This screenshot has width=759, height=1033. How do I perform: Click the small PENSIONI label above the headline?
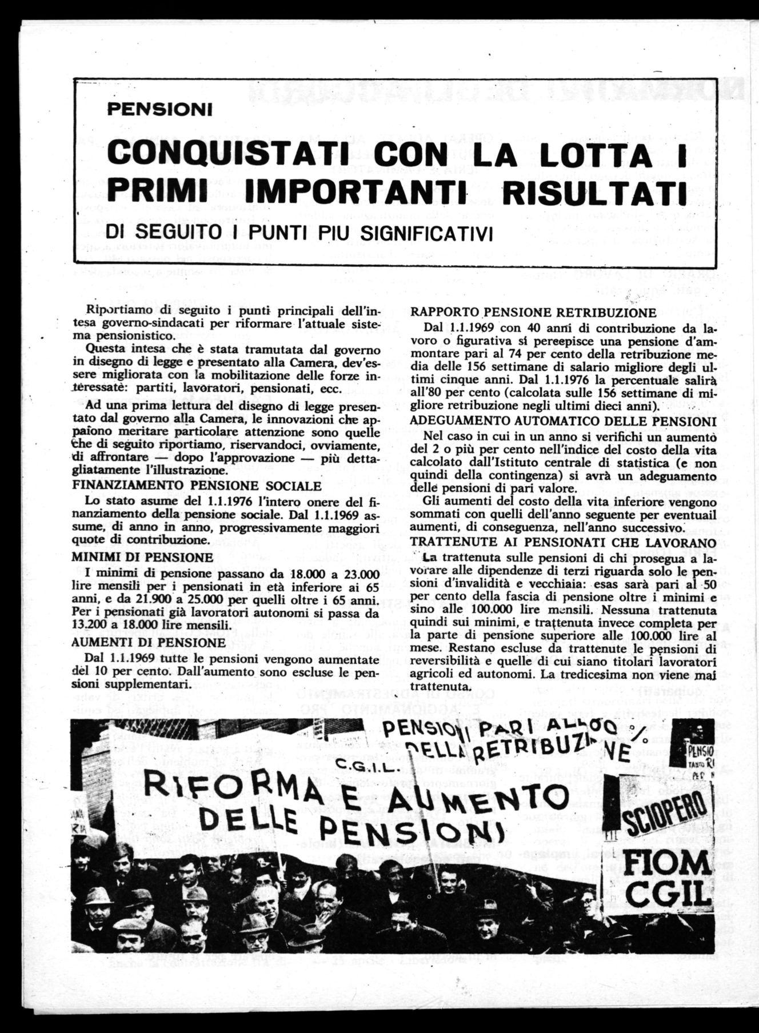(159, 109)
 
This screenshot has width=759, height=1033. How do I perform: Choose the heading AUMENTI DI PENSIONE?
(148, 642)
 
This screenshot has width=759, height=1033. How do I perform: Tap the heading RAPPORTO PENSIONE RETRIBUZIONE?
(533, 313)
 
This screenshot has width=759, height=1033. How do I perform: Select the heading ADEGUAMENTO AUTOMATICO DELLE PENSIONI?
(563, 422)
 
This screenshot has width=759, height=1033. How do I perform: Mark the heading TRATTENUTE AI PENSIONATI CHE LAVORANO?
(563, 542)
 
